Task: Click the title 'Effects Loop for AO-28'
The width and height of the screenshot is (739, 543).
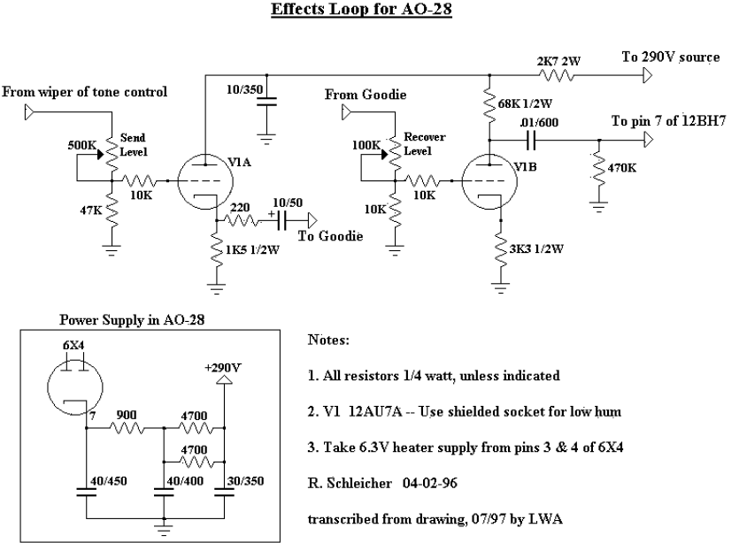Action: pyautogui.click(x=368, y=11)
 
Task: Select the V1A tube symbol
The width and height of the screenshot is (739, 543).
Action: pyautogui.click(x=204, y=180)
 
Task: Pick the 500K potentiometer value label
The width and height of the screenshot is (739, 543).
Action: pyautogui.click(x=81, y=145)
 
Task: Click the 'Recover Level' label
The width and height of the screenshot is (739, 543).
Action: pyautogui.click(x=424, y=143)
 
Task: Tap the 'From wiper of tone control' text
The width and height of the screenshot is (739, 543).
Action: pyautogui.click(x=85, y=91)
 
